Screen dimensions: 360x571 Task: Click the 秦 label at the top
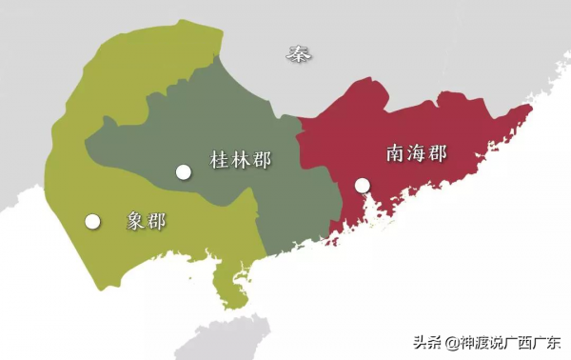[299, 54]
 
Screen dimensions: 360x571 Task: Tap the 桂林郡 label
[240, 159]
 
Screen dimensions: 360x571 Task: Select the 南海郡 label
[416, 152]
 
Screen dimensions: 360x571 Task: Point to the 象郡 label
[146, 221]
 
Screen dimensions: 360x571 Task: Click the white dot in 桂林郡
[184, 171]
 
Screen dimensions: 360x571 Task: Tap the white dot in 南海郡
[362, 186]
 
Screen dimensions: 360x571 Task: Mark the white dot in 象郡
[92, 221]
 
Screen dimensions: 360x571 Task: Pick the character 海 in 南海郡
[416, 152]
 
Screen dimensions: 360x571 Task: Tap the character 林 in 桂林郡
[240, 159]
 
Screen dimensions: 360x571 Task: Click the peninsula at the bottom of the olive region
[228, 286]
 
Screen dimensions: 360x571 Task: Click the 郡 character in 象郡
[156, 221]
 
